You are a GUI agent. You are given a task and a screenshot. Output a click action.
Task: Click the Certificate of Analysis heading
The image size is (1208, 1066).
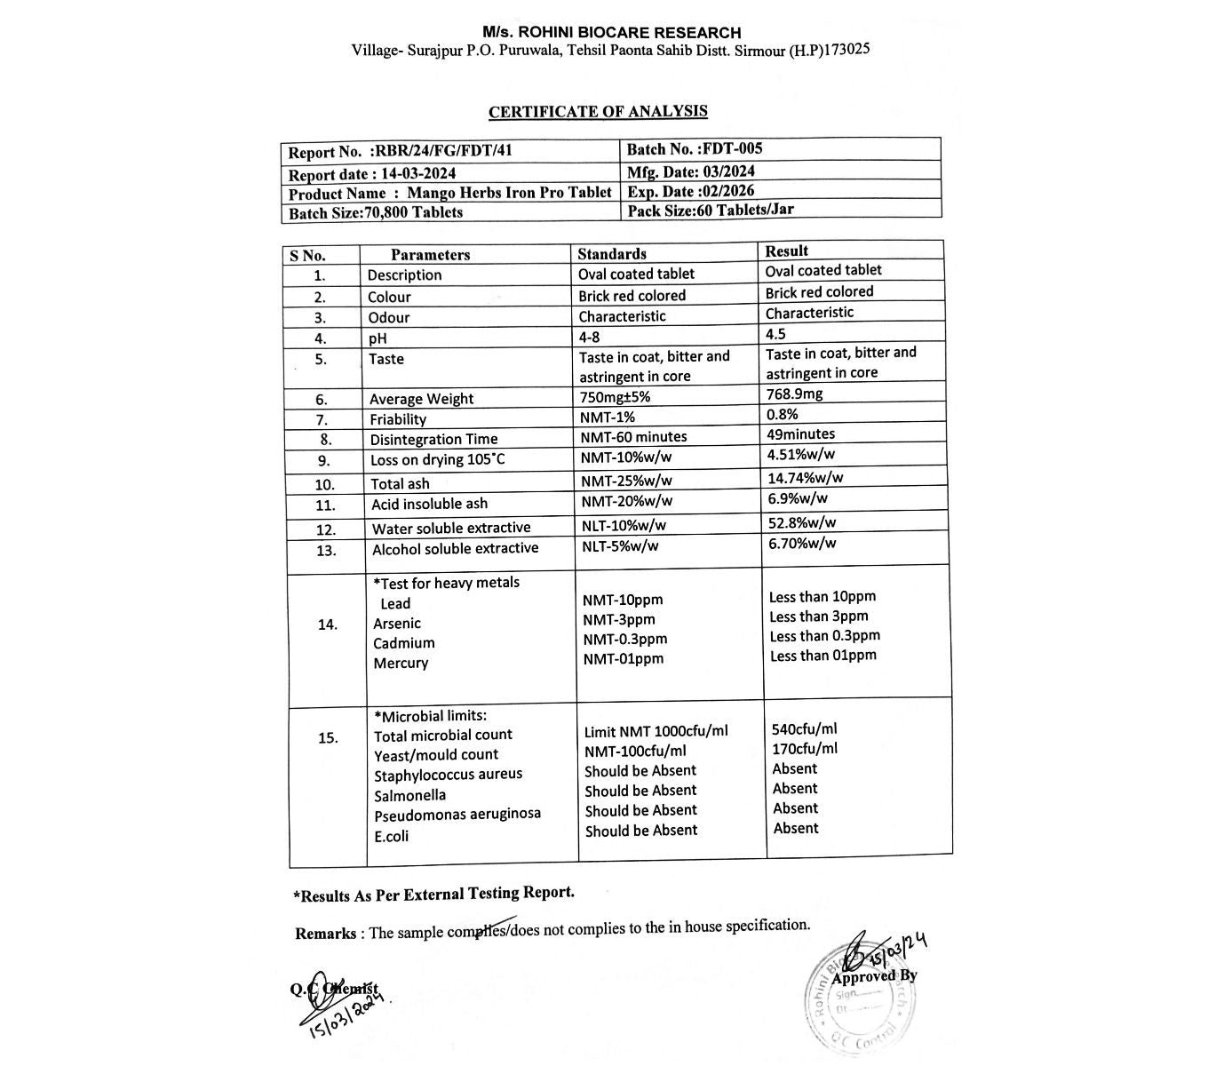click(598, 112)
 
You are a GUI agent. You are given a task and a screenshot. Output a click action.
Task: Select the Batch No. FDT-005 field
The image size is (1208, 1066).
click(694, 149)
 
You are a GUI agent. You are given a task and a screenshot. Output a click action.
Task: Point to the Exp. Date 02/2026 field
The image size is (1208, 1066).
click(691, 191)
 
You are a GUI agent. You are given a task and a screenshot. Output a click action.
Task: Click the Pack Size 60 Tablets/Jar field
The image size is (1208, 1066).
click(710, 211)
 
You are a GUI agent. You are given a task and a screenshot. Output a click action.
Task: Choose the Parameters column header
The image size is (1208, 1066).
click(430, 255)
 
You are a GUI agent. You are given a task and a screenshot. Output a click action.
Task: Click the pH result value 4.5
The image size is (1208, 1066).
click(775, 334)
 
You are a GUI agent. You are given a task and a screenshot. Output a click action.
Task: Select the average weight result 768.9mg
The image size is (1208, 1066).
click(794, 394)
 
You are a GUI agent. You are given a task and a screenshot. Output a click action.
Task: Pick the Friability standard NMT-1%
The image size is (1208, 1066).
click(608, 418)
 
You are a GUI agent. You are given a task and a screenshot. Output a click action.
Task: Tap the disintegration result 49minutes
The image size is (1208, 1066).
click(800, 434)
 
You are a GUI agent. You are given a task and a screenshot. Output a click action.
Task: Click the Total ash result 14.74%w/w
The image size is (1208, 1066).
click(806, 477)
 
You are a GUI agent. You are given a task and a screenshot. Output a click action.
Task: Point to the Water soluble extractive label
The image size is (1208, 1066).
click(451, 529)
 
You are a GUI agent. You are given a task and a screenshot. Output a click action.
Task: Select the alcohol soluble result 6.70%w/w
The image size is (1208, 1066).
click(802, 543)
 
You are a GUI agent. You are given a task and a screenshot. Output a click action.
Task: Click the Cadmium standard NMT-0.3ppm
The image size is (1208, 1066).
click(624, 639)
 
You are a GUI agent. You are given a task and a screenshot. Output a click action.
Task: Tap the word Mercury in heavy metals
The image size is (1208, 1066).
click(401, 663)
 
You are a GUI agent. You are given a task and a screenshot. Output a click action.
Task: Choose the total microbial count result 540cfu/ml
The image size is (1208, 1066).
click(805, 729)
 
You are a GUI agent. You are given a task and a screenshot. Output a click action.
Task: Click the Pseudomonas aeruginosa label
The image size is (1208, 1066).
click(457, 815)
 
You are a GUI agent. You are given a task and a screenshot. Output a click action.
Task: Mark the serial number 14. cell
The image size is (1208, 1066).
click(327, 624)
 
